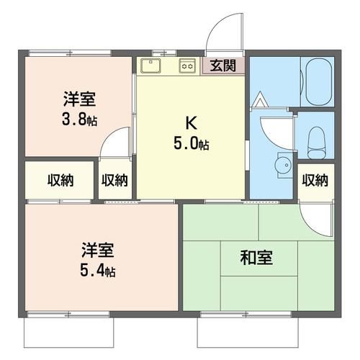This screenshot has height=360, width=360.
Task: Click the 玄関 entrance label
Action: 222,66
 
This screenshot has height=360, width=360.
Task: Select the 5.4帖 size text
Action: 96,271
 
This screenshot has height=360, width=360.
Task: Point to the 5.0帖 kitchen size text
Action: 190,143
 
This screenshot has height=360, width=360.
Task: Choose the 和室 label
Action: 257,256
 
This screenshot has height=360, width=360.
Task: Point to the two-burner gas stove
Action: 187,66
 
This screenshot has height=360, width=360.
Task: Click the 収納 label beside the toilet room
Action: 315,180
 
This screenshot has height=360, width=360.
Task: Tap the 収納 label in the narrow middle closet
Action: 114,180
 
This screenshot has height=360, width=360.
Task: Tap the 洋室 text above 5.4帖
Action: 96,252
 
